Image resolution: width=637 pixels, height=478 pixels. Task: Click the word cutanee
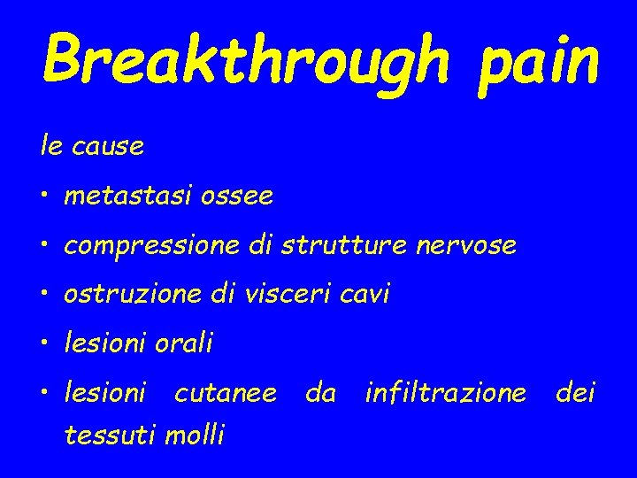point(225,391)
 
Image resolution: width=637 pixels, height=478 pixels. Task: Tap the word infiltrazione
point(445,391)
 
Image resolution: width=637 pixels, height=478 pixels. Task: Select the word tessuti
point(105,435)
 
